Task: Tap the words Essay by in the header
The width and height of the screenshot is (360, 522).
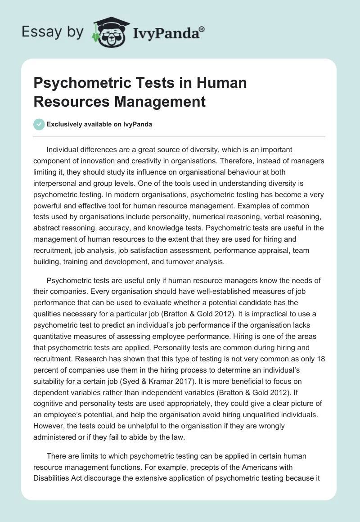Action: (52, 32)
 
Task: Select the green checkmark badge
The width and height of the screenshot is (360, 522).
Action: (39, 124)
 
